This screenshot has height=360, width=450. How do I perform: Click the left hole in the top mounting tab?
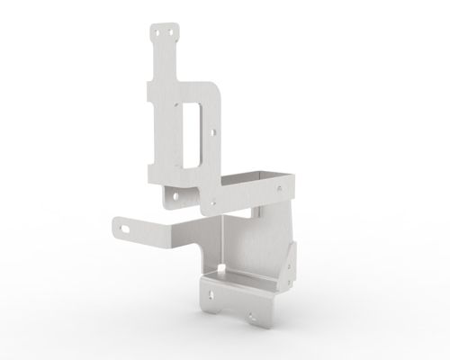158,31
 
